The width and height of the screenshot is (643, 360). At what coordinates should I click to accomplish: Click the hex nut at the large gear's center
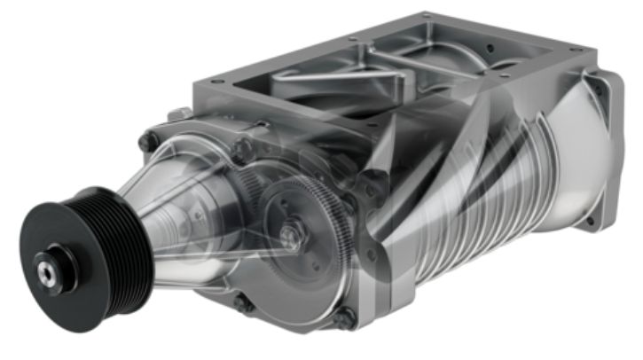pyautogui.click(x=290, y=235)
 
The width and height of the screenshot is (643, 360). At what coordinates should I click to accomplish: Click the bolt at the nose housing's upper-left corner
pyautogui.click(x=147, y=140)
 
